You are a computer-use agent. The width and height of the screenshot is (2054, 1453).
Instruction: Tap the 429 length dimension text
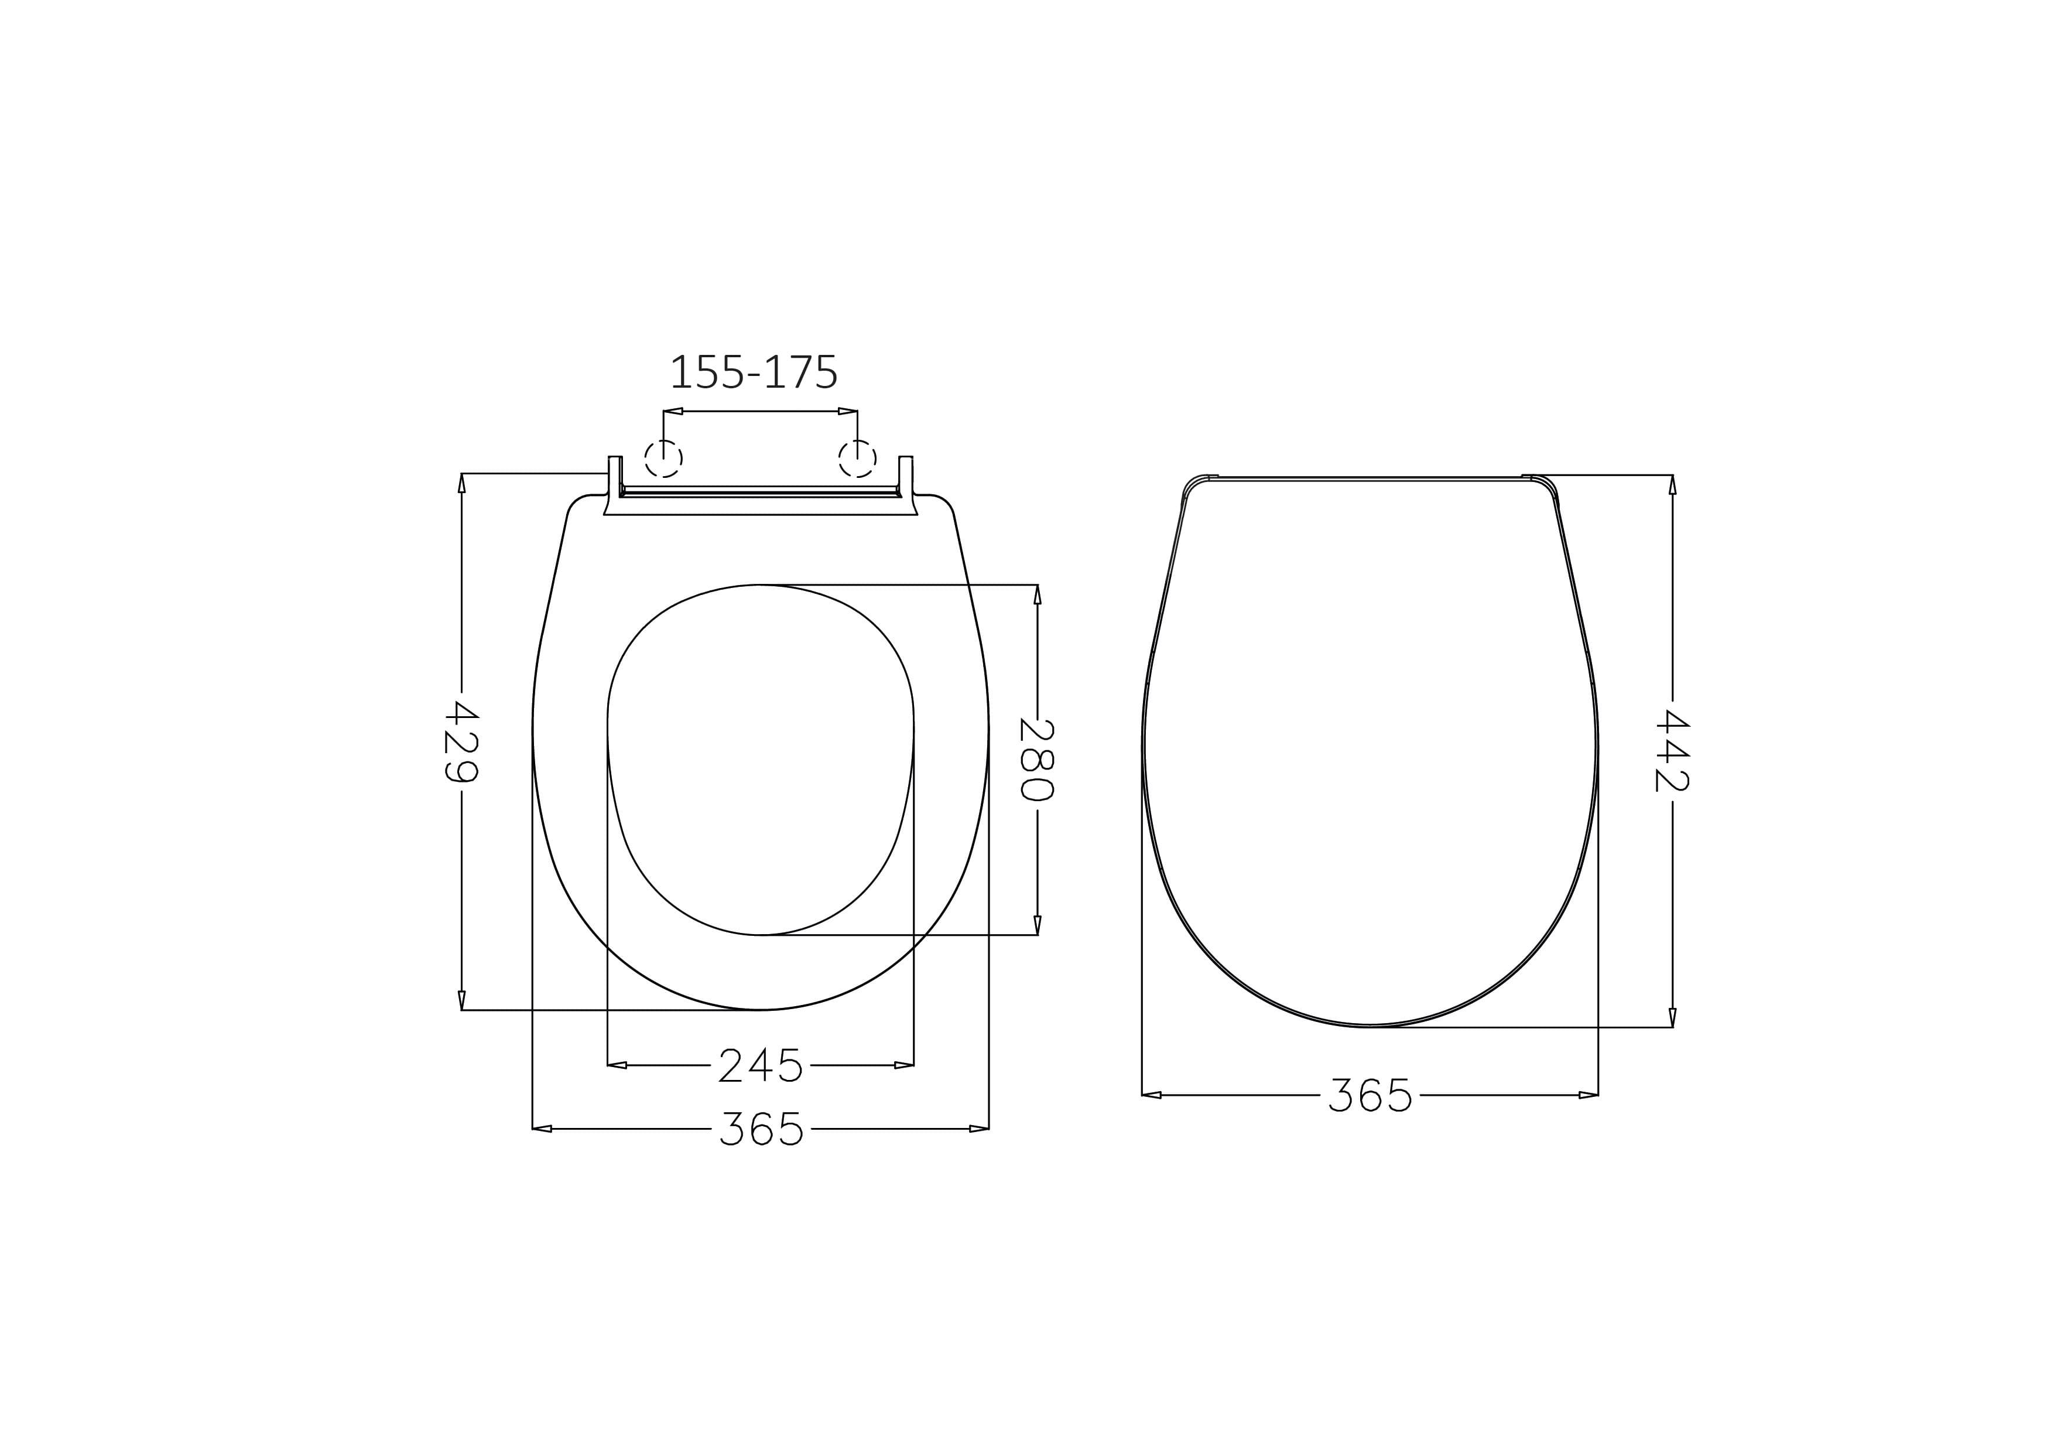click(x=461, y=741)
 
